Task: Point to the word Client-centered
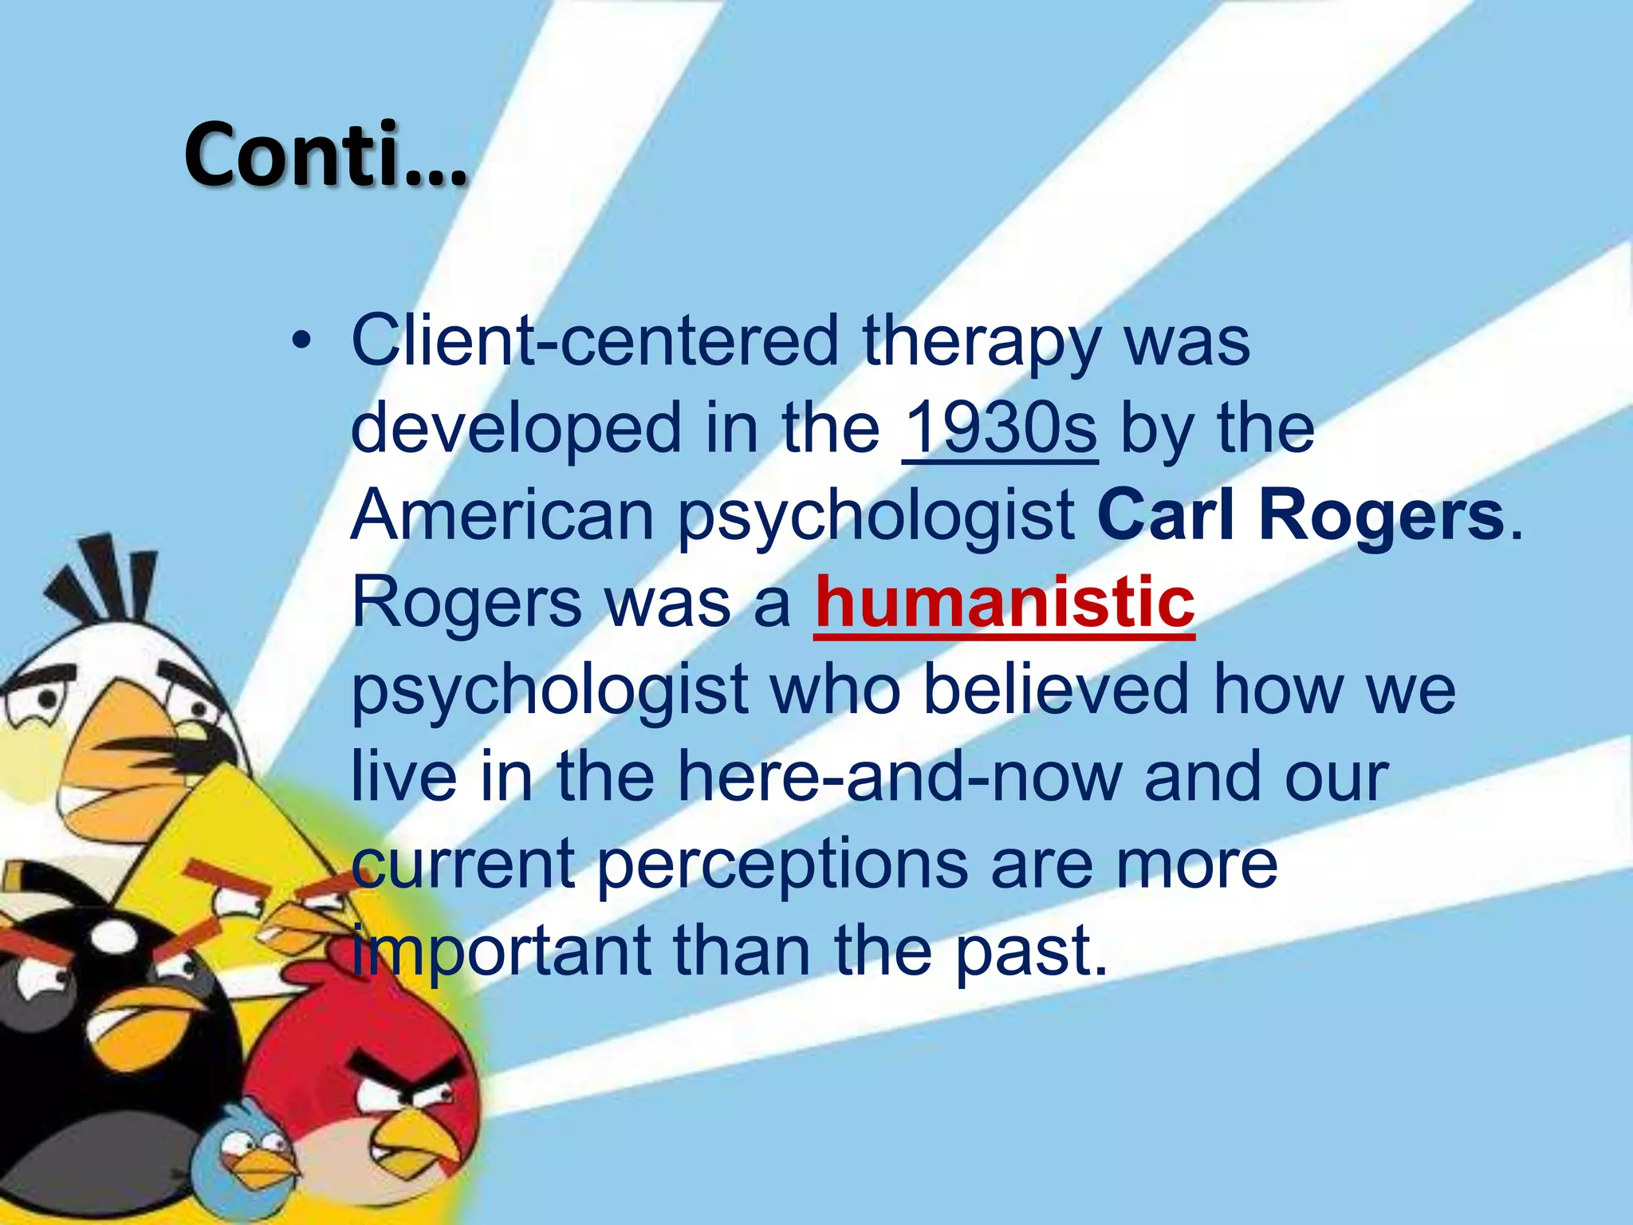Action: tap(595, 341)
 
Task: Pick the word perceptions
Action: tap(781, 866)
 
